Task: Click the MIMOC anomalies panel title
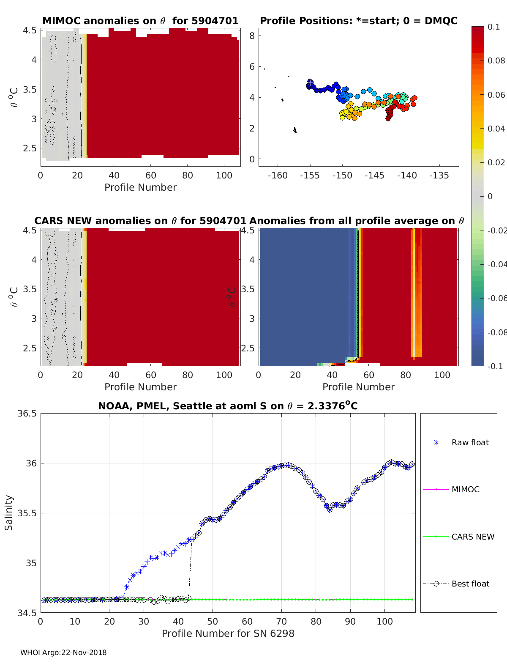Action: point(140,21)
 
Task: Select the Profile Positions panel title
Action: point(358,21)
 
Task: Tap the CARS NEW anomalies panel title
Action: point(140,221)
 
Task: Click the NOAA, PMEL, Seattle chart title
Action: point(228,406)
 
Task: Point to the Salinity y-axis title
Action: point(9,513)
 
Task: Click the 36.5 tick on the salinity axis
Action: point(27,414)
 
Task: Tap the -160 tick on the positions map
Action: point(278,175)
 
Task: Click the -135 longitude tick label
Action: point(439,175)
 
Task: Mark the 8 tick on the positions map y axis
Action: point(252,36)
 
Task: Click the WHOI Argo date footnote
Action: point(63,652)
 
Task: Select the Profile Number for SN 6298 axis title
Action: point(228,633)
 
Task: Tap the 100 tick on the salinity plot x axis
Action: point(384,622)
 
